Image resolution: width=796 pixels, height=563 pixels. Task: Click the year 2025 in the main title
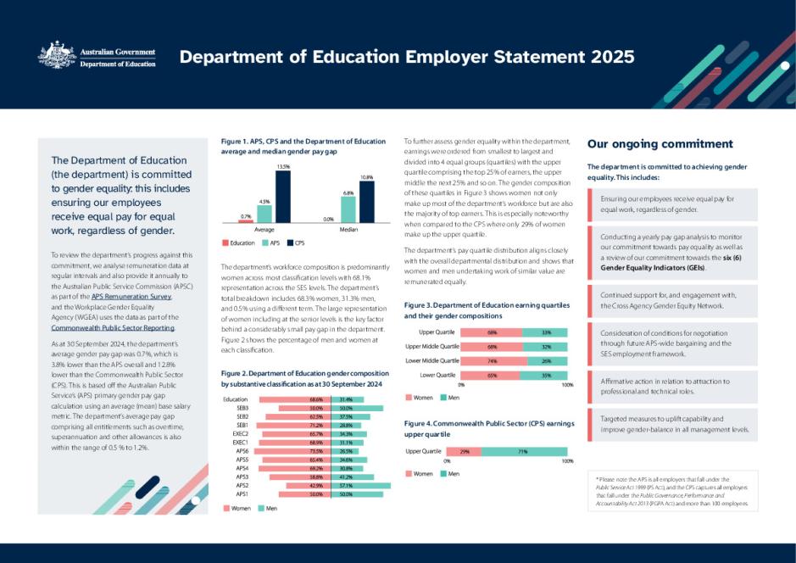tap(604, 57)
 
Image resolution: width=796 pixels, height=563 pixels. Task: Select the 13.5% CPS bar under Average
tap(282, 196)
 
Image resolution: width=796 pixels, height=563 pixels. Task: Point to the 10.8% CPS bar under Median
tap(366, 202)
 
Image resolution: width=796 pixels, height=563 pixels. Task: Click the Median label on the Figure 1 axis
tap(348, 229)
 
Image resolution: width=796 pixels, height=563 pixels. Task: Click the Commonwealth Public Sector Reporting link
tap(113, 326)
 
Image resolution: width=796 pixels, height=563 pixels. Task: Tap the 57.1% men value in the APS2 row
tap(346, 485)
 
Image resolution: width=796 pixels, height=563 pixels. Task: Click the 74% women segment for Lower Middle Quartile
tap(493, 360)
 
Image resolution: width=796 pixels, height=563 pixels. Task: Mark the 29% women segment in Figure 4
tap(465, 452)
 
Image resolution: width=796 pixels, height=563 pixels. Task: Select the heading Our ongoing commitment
tap(660, 144)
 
